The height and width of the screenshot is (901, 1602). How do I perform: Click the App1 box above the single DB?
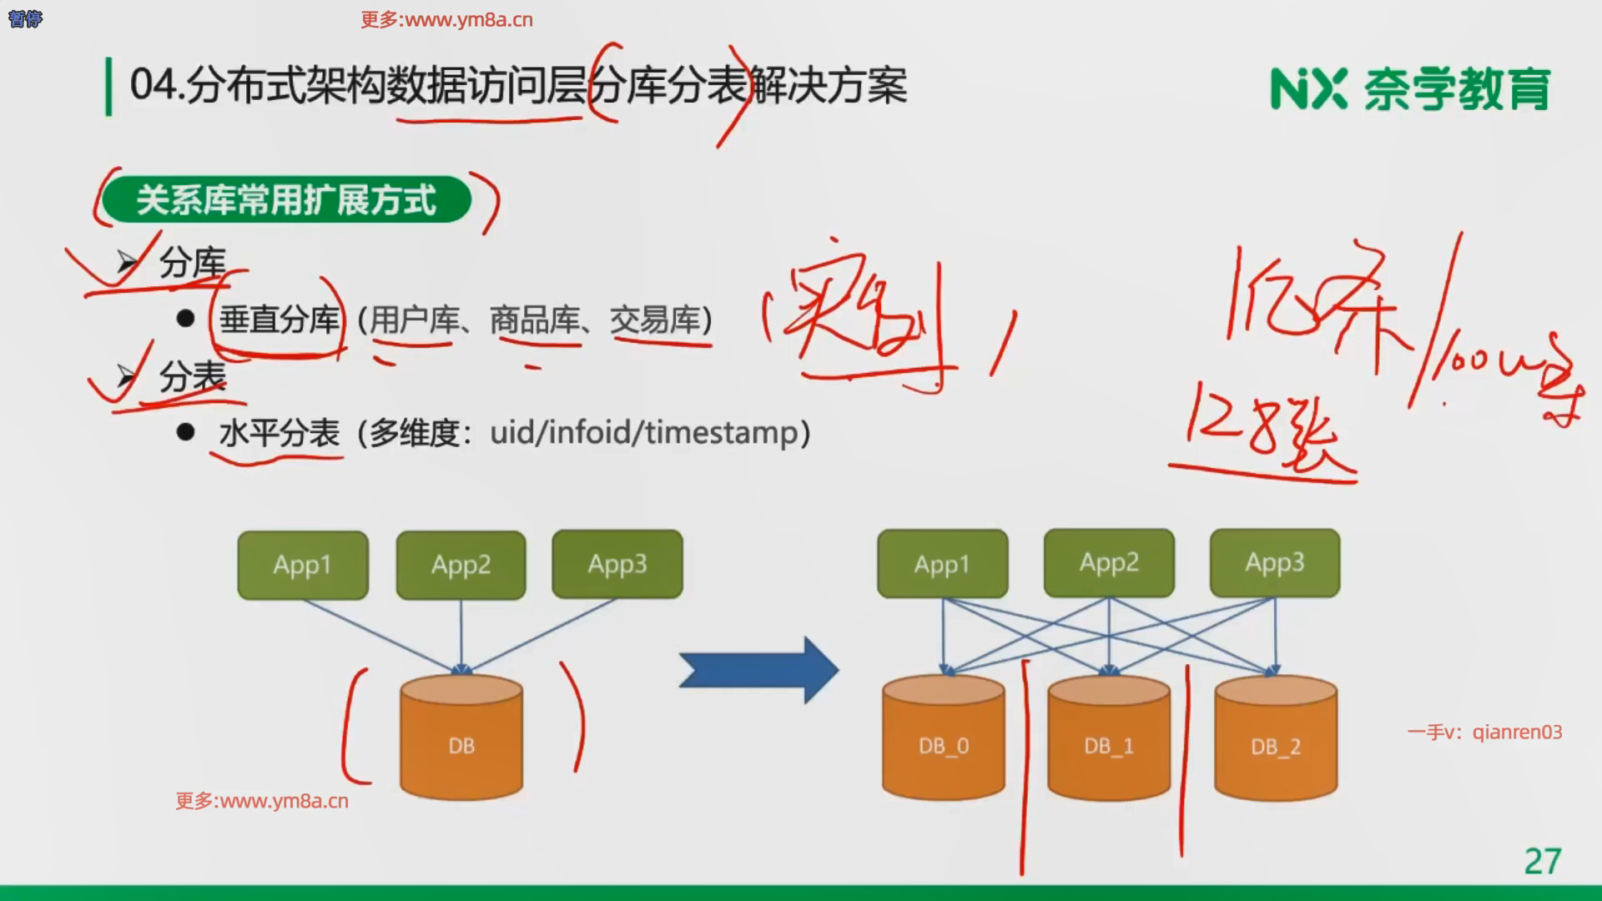pyautogui.click(x=302, y=565)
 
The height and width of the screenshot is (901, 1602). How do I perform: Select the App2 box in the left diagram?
pyautogui.click(x=461, y=565)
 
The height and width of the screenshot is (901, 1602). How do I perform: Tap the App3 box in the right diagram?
pyautogui.click(x=1274, y=562)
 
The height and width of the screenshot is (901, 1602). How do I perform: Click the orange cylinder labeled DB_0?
pyautogui.click(x=943, y=738)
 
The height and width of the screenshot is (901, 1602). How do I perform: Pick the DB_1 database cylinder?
pyautogui.click(x=1108, y=738)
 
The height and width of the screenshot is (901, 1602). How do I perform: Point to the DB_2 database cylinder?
pyautogui.click(x=1275, y=739)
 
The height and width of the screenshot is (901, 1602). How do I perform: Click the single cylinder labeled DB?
pyautogui.click(x=461, y=738)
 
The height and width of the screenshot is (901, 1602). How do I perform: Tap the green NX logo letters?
pyautogui.click(x=1307, y=88)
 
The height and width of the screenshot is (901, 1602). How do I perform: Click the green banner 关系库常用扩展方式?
pyautogui.click(x=286, y=200)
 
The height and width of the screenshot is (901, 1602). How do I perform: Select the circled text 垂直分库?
pyautogui.click(x=279, y=320)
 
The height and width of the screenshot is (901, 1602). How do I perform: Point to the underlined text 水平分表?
pyautogui.click(x=279, y=433)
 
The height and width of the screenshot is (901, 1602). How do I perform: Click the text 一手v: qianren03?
pyautogui.click(x=1484, y=732)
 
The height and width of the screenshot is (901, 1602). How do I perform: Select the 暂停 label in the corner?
pyautogui.click(x=25, y=18)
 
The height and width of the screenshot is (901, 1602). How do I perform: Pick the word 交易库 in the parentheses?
pyautogui.click(x=654, y=320)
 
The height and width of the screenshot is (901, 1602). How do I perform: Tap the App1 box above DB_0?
pyautogui.click(x=942, y=564)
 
